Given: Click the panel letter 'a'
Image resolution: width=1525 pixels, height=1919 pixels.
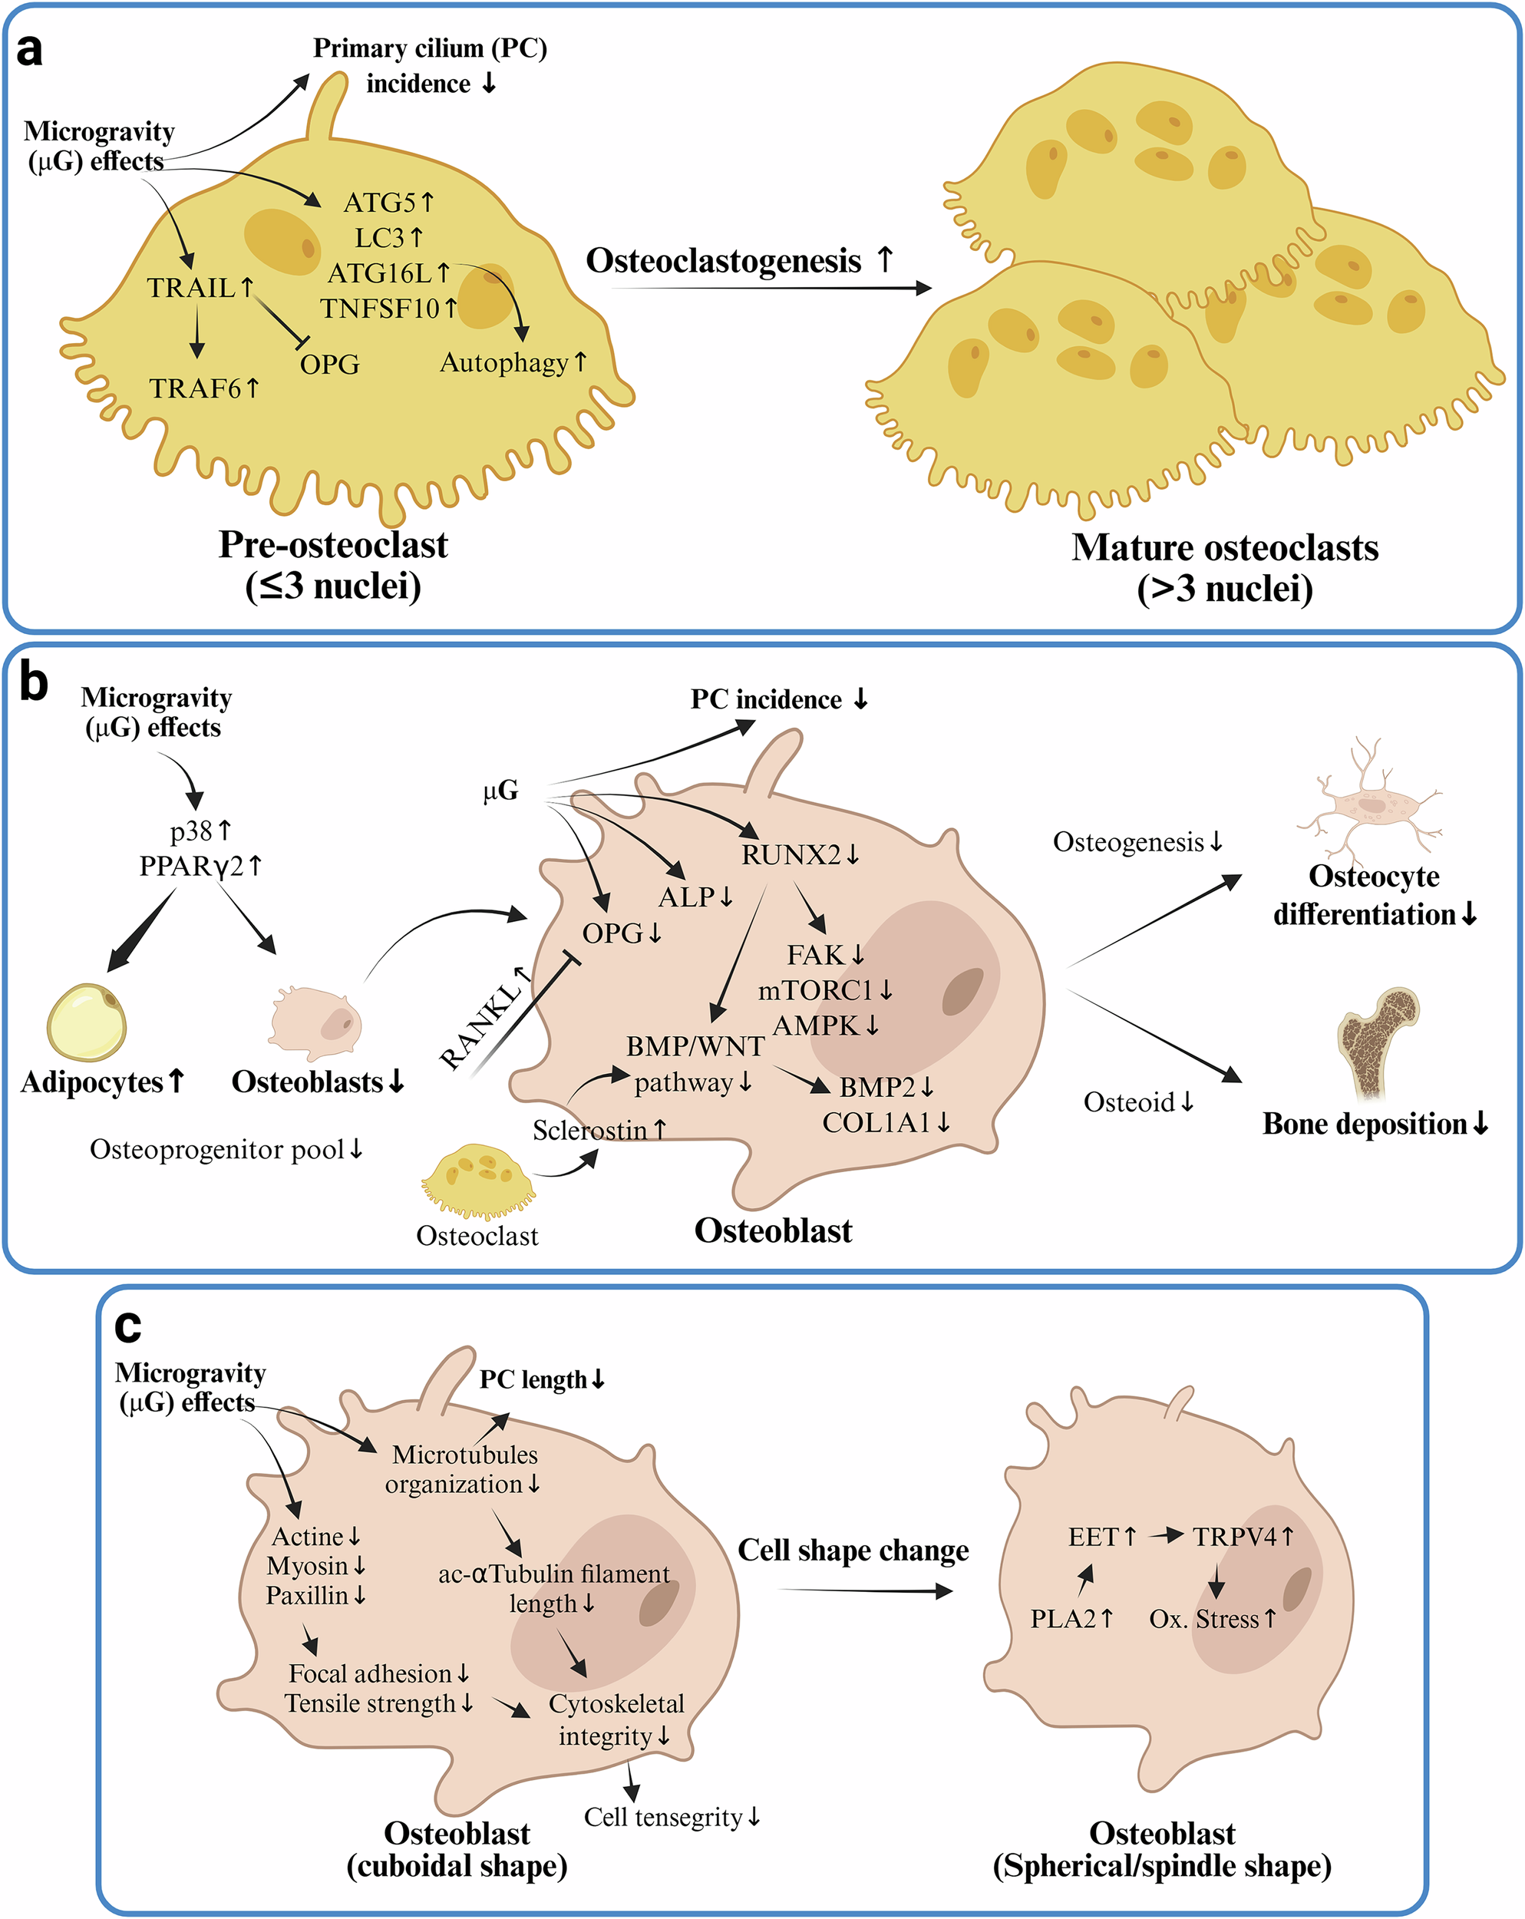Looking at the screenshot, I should click(29, 51).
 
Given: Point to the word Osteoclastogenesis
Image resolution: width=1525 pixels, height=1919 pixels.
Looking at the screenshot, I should click(723, 261).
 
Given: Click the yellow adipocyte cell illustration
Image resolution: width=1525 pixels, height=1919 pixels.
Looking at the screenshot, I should click(86, 1022).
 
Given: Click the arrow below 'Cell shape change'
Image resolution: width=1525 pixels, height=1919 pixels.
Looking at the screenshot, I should click(868, 1591).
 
